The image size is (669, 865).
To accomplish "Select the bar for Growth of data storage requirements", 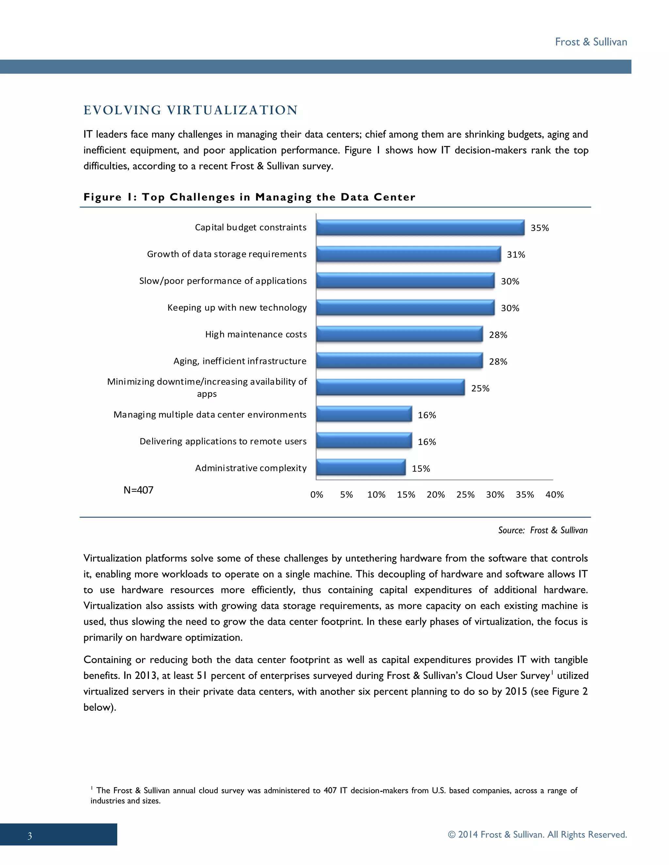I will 408,254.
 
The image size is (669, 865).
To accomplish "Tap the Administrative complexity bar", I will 361,468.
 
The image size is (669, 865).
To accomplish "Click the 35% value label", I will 539,228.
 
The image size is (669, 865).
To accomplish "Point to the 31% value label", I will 515,255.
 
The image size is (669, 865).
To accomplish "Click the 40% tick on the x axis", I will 554,495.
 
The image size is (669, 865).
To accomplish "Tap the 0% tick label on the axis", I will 317,495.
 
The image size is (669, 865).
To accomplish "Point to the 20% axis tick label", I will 435,495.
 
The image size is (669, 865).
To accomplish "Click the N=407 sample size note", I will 138,490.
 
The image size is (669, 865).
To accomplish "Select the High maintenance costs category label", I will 256,335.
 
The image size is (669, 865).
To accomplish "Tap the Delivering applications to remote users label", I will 223,442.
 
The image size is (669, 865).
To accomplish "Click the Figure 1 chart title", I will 249,197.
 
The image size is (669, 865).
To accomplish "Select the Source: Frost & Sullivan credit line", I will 543,530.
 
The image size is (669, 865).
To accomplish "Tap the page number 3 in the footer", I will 30,836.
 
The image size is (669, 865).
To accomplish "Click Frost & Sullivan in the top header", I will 591,42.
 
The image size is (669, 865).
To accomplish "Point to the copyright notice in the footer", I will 537,835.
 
